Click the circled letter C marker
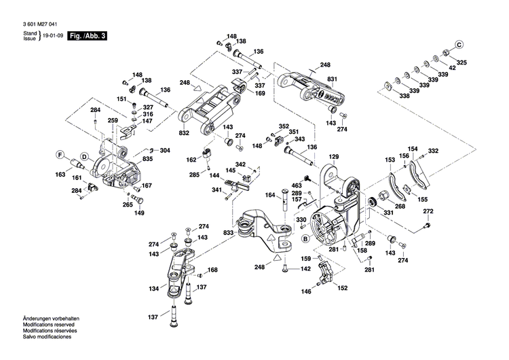click(x=458, y=45)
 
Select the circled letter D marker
click(x=85, y=156)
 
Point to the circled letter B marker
click(x=305, y=238)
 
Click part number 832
click(x=185, y=133)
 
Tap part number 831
click(x=332, y=79)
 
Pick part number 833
click(x=229, y=232)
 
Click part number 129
click(x=334, y=157)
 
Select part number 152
click(x=343, y=287)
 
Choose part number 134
click(x=155, y=288)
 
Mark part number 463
click(x=297, y=185)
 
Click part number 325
click(x=461, y=62)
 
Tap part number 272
click(x=428, y=212)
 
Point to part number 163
click(x=60, y=175)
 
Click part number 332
click(x=433, y=150)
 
